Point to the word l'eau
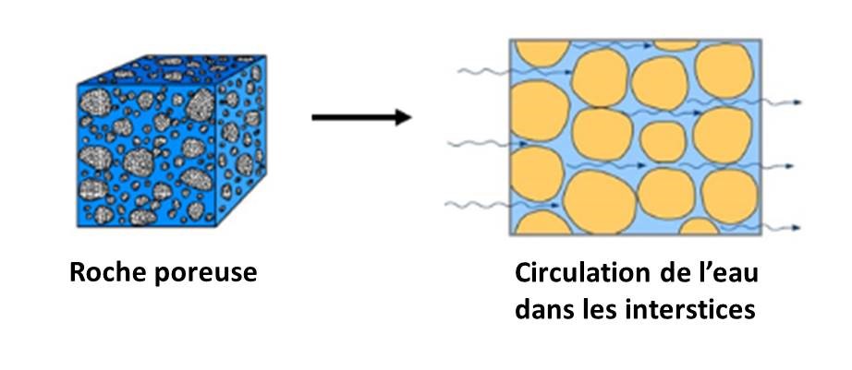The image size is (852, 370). coord(730,273)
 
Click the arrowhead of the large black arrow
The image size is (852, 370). coord(403,117)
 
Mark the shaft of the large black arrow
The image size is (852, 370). coord(353,117)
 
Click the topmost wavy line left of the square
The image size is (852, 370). coord(483,71)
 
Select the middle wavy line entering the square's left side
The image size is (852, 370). coord(479,143)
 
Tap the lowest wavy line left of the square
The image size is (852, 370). coord(477,205)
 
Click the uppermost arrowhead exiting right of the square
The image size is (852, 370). coord(797,102)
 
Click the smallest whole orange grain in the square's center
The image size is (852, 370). coord(663,141)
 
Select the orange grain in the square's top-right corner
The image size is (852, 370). coord(724,70)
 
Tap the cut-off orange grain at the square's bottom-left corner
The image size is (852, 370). coord(542,223)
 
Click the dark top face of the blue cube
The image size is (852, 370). coord(172,69)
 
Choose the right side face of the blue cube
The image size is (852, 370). coord(241,140)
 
